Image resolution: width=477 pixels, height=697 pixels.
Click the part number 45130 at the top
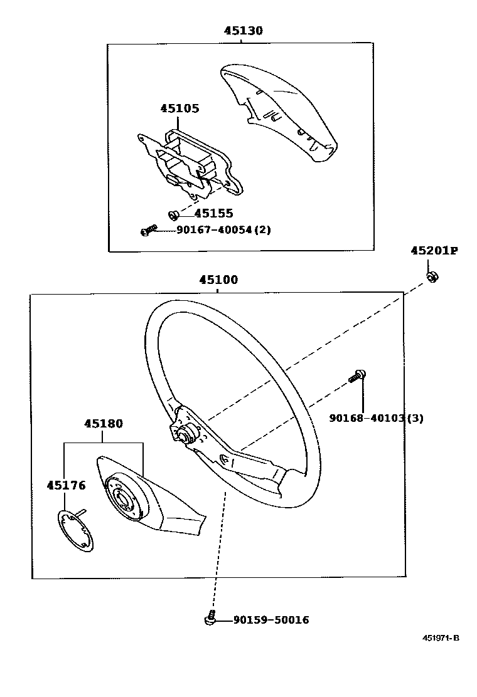tap(244, 31)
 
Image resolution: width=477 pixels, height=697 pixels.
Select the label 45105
tap(180, 108)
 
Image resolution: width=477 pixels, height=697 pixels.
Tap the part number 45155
tap(213, 214)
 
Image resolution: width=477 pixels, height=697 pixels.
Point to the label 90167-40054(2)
tap(223, 230)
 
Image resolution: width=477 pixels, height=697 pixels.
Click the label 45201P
tap(434, 251)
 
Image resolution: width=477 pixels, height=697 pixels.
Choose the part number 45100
tap(218, 280)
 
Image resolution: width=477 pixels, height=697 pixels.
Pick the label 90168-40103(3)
tap(376, 418)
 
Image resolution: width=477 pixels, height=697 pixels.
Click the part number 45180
tap(104, 424)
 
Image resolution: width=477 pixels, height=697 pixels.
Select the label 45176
tap(66, 485)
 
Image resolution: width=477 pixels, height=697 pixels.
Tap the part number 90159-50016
tap(271, 620)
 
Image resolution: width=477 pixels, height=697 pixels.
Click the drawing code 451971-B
tap(441, 638)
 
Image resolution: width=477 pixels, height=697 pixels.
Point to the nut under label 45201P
tap(432, 276)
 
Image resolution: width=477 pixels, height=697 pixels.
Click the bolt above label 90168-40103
tap(358, 376)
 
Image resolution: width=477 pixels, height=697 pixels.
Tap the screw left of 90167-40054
tap(149, 231)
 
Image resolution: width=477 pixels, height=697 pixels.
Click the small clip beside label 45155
tap(173, 216)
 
